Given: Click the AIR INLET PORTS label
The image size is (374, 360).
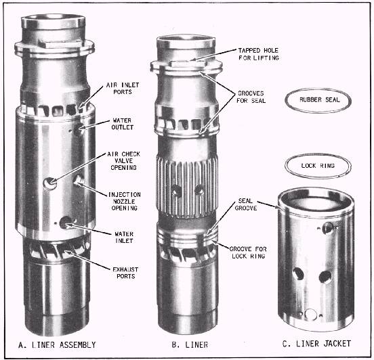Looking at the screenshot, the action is coord(123,89).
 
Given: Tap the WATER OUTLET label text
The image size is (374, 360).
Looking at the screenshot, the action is coord(123,124).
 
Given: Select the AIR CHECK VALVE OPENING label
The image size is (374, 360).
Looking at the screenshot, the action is coord(123,161).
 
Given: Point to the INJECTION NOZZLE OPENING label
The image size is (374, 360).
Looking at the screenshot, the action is coord(124,202).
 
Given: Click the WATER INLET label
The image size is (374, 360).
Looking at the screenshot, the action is coord(124,238).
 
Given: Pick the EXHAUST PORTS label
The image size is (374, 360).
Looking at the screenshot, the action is coord(125,273).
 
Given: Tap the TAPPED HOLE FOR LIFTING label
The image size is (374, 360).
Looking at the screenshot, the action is coord(259,54).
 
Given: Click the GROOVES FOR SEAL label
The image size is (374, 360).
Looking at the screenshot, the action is coord(251,97).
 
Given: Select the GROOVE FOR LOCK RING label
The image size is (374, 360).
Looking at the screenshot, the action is coord(248,252).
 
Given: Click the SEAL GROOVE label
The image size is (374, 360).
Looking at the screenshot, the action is coord(246,204).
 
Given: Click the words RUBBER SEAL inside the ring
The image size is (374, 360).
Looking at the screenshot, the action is coord(319,99).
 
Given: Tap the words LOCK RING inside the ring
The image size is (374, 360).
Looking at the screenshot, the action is coord(318,166).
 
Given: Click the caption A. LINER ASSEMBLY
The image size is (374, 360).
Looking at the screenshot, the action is coord(57,344).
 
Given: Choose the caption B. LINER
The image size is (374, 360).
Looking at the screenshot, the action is coord(190,344).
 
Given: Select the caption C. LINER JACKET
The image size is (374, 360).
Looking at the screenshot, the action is coord(316,344).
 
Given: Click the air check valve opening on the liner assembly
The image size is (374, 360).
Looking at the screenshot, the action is coord(50,183).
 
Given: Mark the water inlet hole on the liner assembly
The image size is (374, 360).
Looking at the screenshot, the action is coord(66,222).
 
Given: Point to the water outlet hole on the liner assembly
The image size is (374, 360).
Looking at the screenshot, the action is coord(79,130).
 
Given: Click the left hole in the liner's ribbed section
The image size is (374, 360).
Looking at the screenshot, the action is coord(177,191).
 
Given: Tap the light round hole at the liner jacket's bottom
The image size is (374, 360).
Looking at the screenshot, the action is coord(311,314).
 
